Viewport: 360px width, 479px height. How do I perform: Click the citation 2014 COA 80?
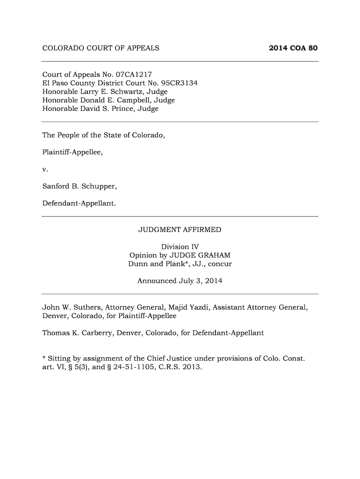pos(294,48)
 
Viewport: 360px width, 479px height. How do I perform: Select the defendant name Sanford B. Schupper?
pos(79,187)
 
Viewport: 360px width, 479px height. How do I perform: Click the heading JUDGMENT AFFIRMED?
pos(180,230)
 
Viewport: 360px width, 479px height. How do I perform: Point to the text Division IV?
pos(180,247)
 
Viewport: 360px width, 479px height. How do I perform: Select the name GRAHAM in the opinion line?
pos(214,255)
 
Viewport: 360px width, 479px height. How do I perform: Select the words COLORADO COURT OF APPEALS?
pos(101,48)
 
